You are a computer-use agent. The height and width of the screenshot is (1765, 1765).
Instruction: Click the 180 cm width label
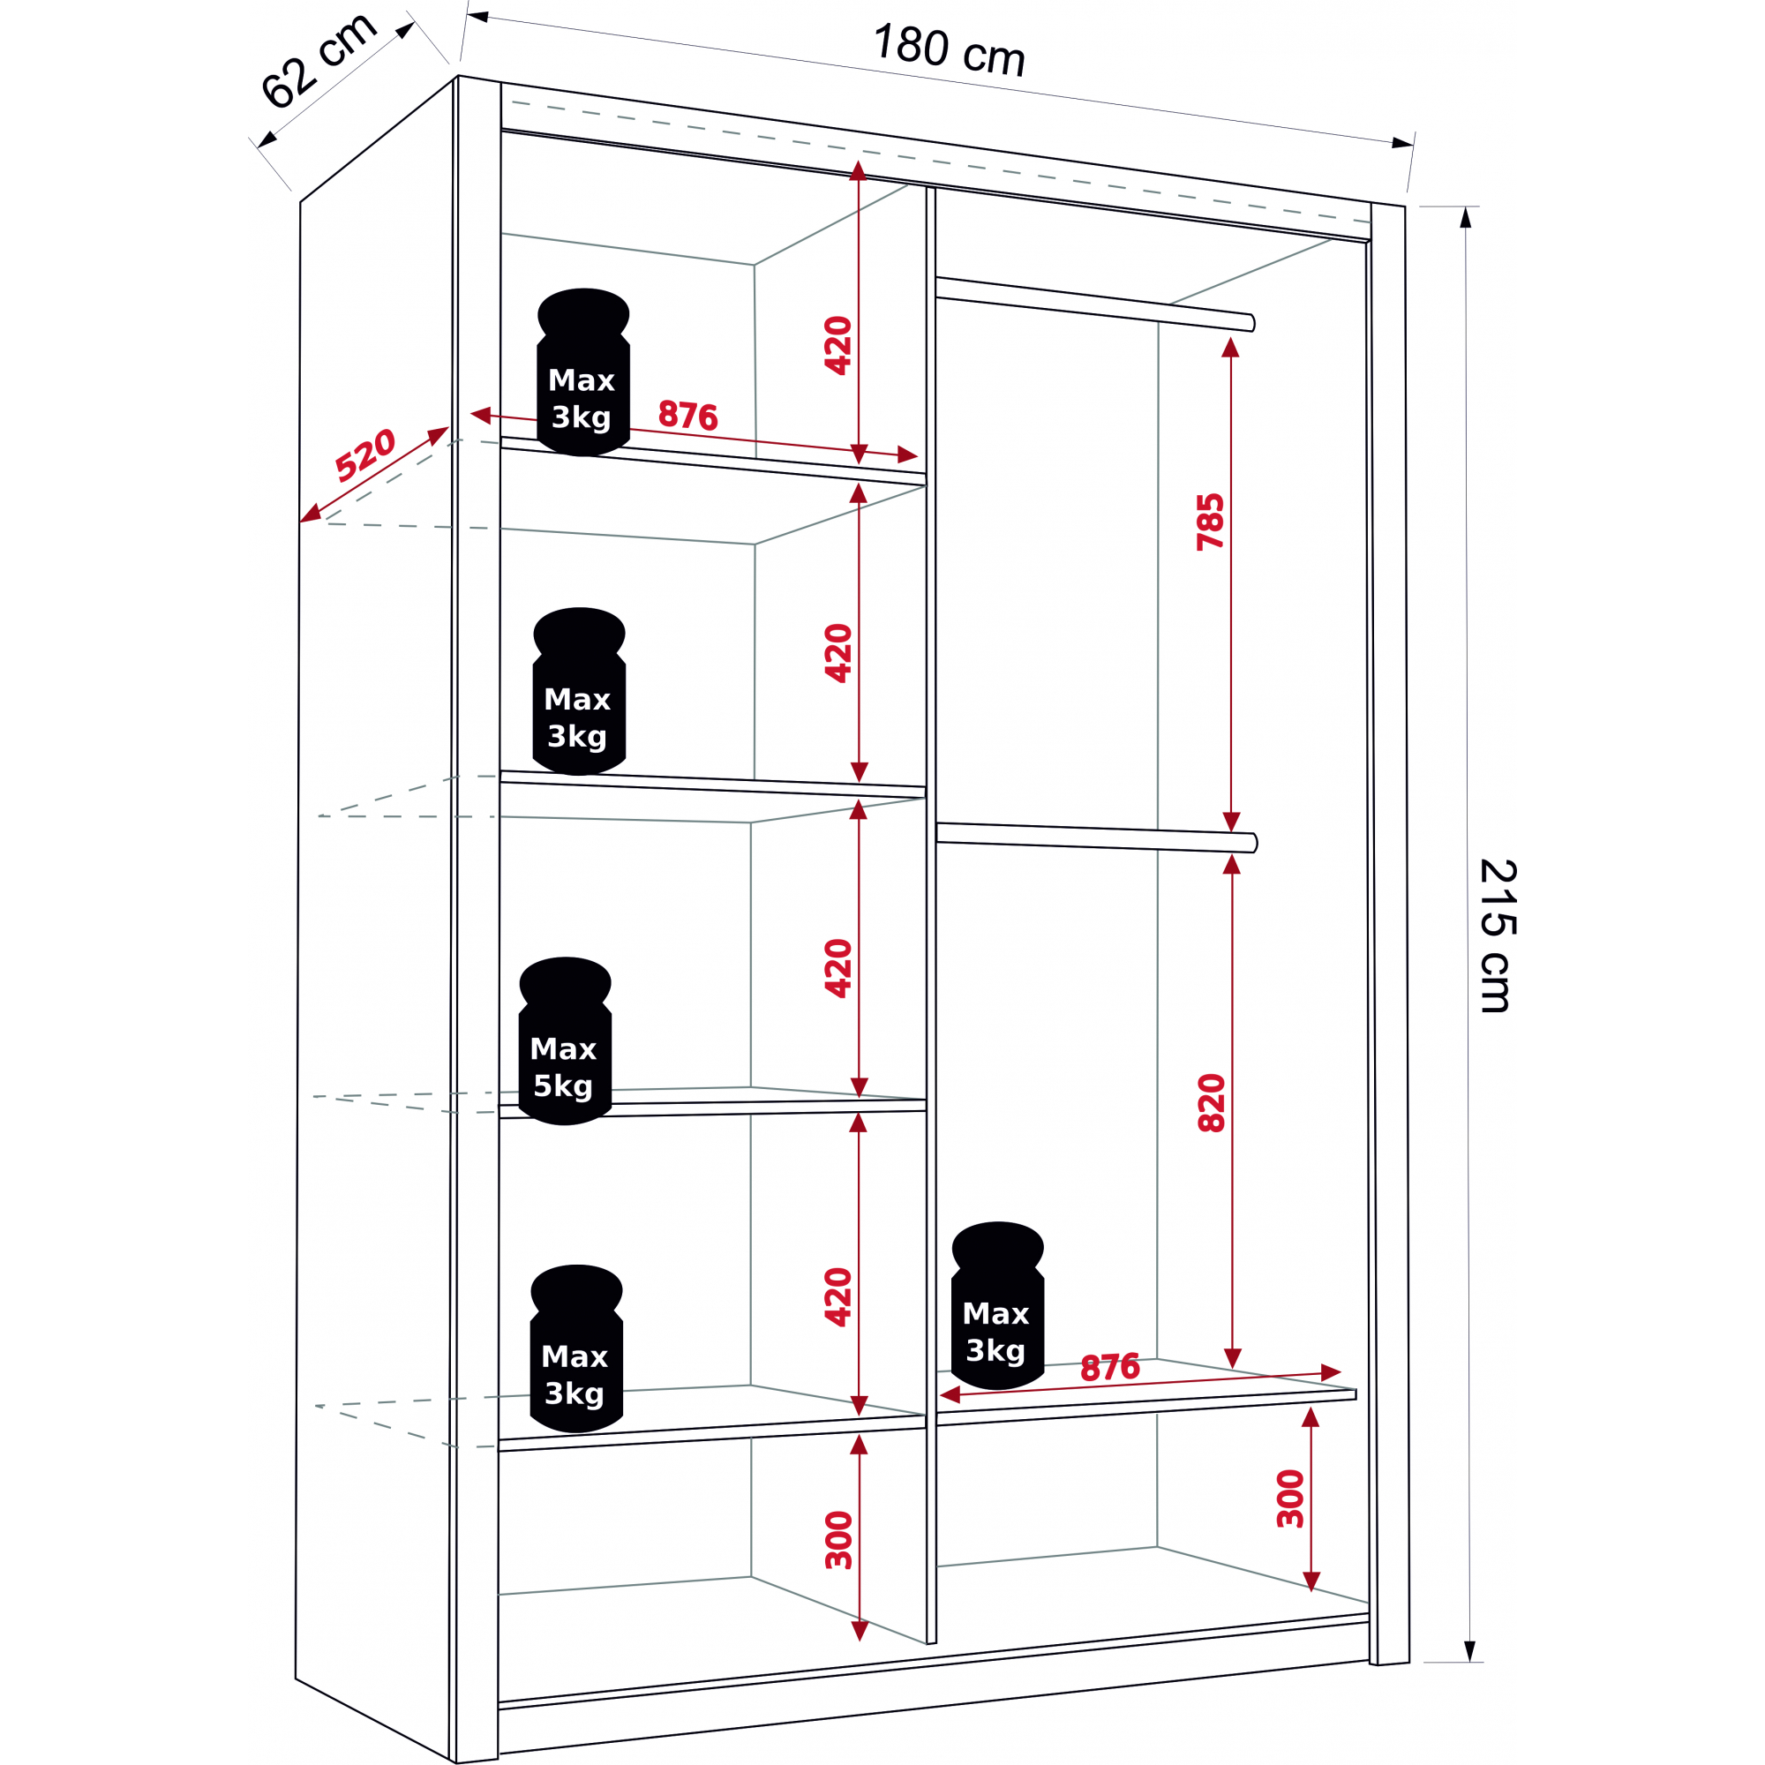(x=950, y=51)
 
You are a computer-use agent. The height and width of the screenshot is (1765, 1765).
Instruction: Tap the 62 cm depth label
(x=318, y=61)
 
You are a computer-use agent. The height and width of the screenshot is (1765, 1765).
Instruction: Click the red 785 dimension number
(x=1211, y=522)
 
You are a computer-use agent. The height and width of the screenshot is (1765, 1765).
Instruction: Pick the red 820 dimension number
(x=1212, y=1104)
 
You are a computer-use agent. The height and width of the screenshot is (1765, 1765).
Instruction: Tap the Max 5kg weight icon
(x=565, y=1040)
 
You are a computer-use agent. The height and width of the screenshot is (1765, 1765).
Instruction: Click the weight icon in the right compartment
(x=996, y=1305)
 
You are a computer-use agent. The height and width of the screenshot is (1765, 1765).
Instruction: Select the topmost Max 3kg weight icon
(x=582, y=372)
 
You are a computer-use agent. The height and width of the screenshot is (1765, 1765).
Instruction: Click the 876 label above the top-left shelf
(x=688, y=416)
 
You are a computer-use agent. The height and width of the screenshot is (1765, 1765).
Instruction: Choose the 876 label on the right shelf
(x=1110, y=1368)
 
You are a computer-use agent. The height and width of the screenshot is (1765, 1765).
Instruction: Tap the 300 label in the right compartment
(x=1290, y=1498)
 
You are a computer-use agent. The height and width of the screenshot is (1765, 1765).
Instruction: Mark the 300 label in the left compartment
(x=837, y=1540)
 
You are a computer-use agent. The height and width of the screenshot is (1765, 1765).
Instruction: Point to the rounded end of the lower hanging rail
(x=1253, y=842)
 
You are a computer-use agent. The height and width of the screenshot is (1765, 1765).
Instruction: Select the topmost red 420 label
(x=837, y=345)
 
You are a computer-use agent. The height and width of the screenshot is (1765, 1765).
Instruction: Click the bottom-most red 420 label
(x=837, y=1297)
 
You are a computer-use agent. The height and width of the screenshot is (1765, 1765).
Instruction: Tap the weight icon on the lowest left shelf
(x=575, y=1348)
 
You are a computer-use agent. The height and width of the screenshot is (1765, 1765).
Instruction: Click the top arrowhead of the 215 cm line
(x=1465, y=217)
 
